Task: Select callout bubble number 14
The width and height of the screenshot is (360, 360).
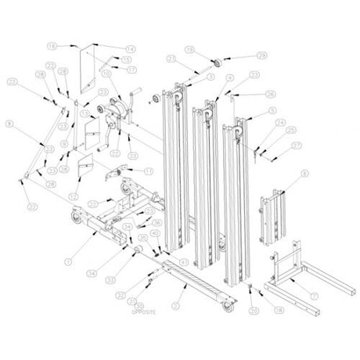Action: click(130, 49)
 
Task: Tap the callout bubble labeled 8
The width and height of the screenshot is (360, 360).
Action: click(10, 123)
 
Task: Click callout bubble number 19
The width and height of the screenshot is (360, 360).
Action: click(189, 49)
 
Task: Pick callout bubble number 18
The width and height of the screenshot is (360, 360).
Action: click(280, 311)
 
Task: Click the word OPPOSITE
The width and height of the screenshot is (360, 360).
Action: click(144, 311)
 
